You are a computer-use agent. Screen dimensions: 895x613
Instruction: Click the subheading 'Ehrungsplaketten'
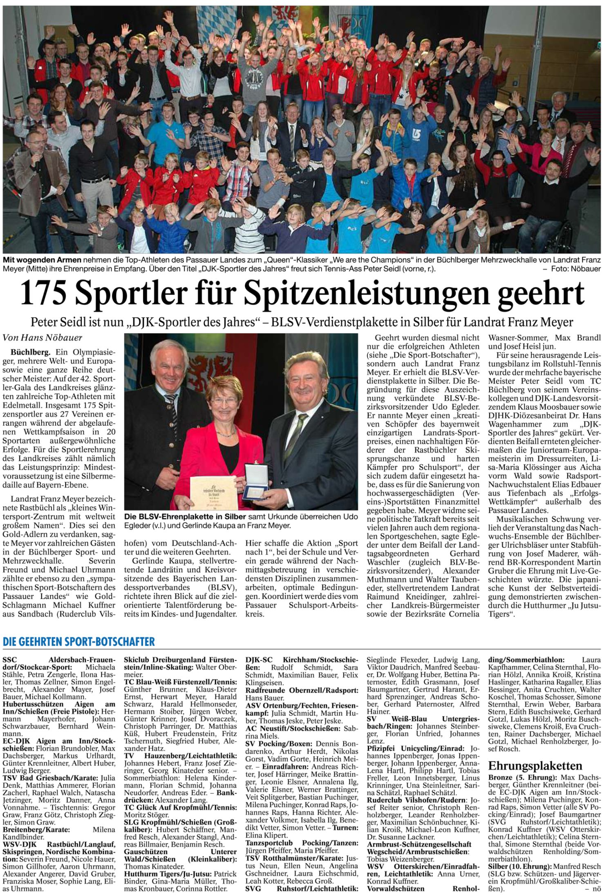click(x=535, y=765)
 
